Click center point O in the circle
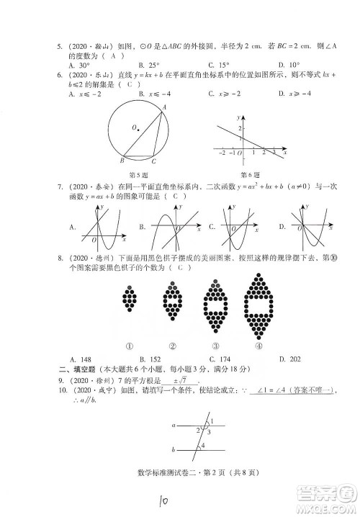[136, 128]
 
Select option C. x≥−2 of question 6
[222, 94]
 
